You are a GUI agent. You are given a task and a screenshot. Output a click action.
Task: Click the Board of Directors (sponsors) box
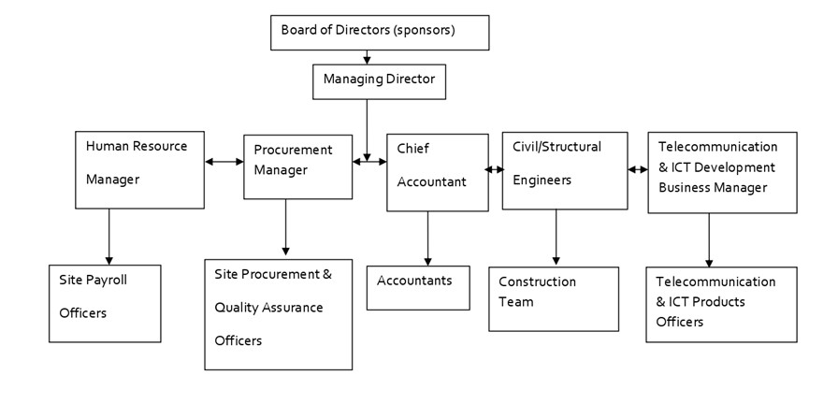point(379,32)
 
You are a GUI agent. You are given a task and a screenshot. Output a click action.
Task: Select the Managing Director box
point(379,81)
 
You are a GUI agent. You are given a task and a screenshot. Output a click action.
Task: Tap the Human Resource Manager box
point(139,169)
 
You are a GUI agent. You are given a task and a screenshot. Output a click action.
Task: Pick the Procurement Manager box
point(297,167)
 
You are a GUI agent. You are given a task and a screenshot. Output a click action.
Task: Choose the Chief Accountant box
point(437,172)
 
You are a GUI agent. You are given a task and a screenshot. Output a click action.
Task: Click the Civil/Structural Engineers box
point(564,170)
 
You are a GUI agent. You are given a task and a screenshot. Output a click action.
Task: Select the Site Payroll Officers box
point(105,304)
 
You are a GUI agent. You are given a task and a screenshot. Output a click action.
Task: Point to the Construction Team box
point(553,299)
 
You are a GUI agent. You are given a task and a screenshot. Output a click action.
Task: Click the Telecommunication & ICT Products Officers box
point(720,304)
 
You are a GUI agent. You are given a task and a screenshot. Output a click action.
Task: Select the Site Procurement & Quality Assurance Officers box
point(278,313)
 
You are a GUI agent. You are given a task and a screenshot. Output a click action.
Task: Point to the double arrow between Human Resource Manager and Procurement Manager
point(224,163)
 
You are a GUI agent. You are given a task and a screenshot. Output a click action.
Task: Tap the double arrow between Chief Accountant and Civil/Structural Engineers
point(495,170)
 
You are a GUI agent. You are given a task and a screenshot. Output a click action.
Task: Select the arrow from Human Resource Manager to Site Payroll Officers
point(109,236)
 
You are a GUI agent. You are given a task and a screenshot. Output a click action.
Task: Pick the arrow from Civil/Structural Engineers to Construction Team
point(556,238)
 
